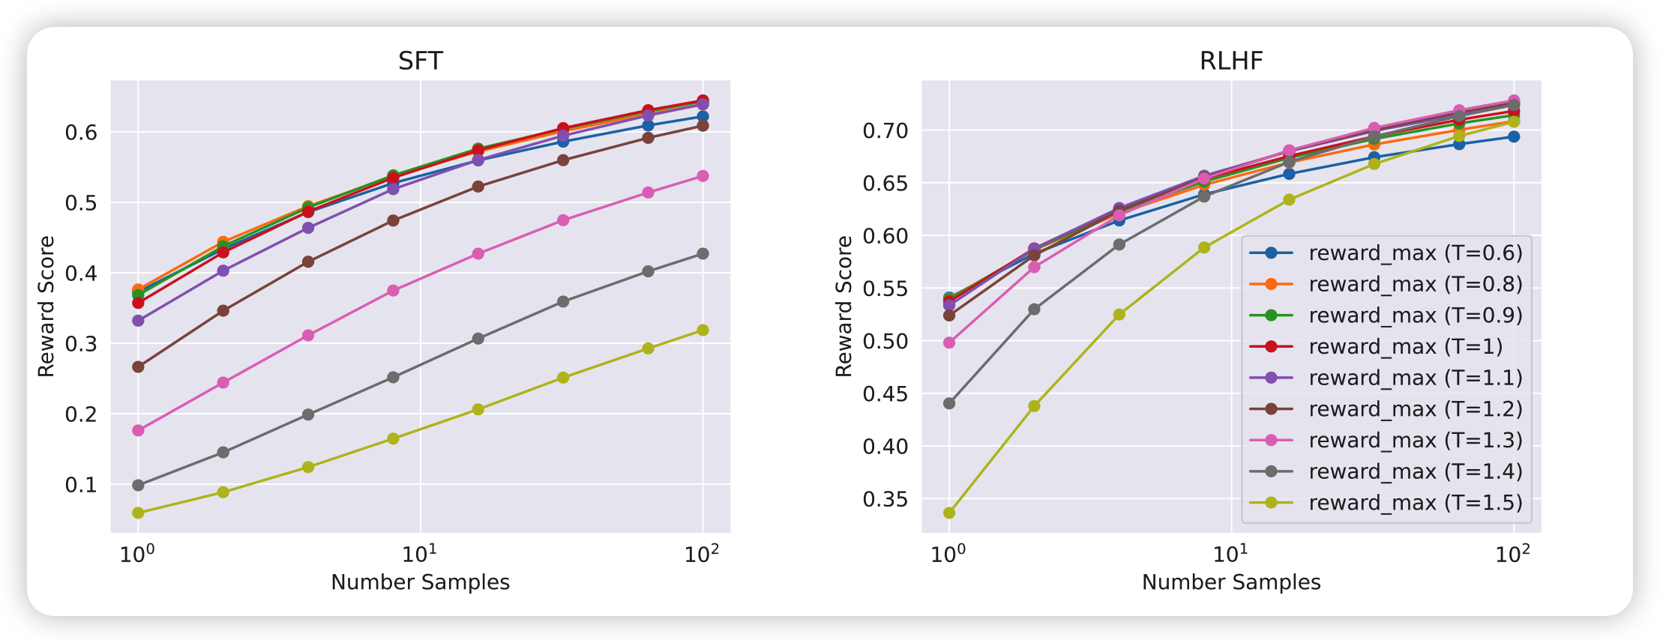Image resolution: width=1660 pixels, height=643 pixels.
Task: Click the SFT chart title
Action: (420, 61)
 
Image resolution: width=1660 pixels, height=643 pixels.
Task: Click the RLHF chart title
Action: (1231, 61)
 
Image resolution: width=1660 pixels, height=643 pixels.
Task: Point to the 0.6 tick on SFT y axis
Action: (81, 133)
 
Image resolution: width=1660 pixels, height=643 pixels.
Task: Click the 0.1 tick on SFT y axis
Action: (81, 485)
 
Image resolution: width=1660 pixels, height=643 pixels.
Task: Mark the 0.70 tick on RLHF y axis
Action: (885, 131)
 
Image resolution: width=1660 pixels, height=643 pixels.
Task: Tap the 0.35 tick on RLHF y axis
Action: (885, 499)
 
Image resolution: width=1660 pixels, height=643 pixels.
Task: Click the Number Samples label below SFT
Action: (420, 582)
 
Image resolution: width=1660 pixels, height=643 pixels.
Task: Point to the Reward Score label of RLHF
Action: (844, 306)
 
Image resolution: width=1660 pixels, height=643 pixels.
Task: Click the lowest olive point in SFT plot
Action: (138, 513)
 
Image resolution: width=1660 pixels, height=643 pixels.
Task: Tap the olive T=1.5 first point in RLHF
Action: (949, 513)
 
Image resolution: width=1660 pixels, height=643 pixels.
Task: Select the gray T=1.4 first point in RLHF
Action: (949, 403)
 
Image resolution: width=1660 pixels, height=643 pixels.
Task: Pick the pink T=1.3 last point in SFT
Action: (703, 176)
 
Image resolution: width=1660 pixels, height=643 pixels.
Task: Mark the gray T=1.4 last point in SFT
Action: (703, 254)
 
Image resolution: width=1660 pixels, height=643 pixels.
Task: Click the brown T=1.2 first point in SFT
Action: (138, 366)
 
